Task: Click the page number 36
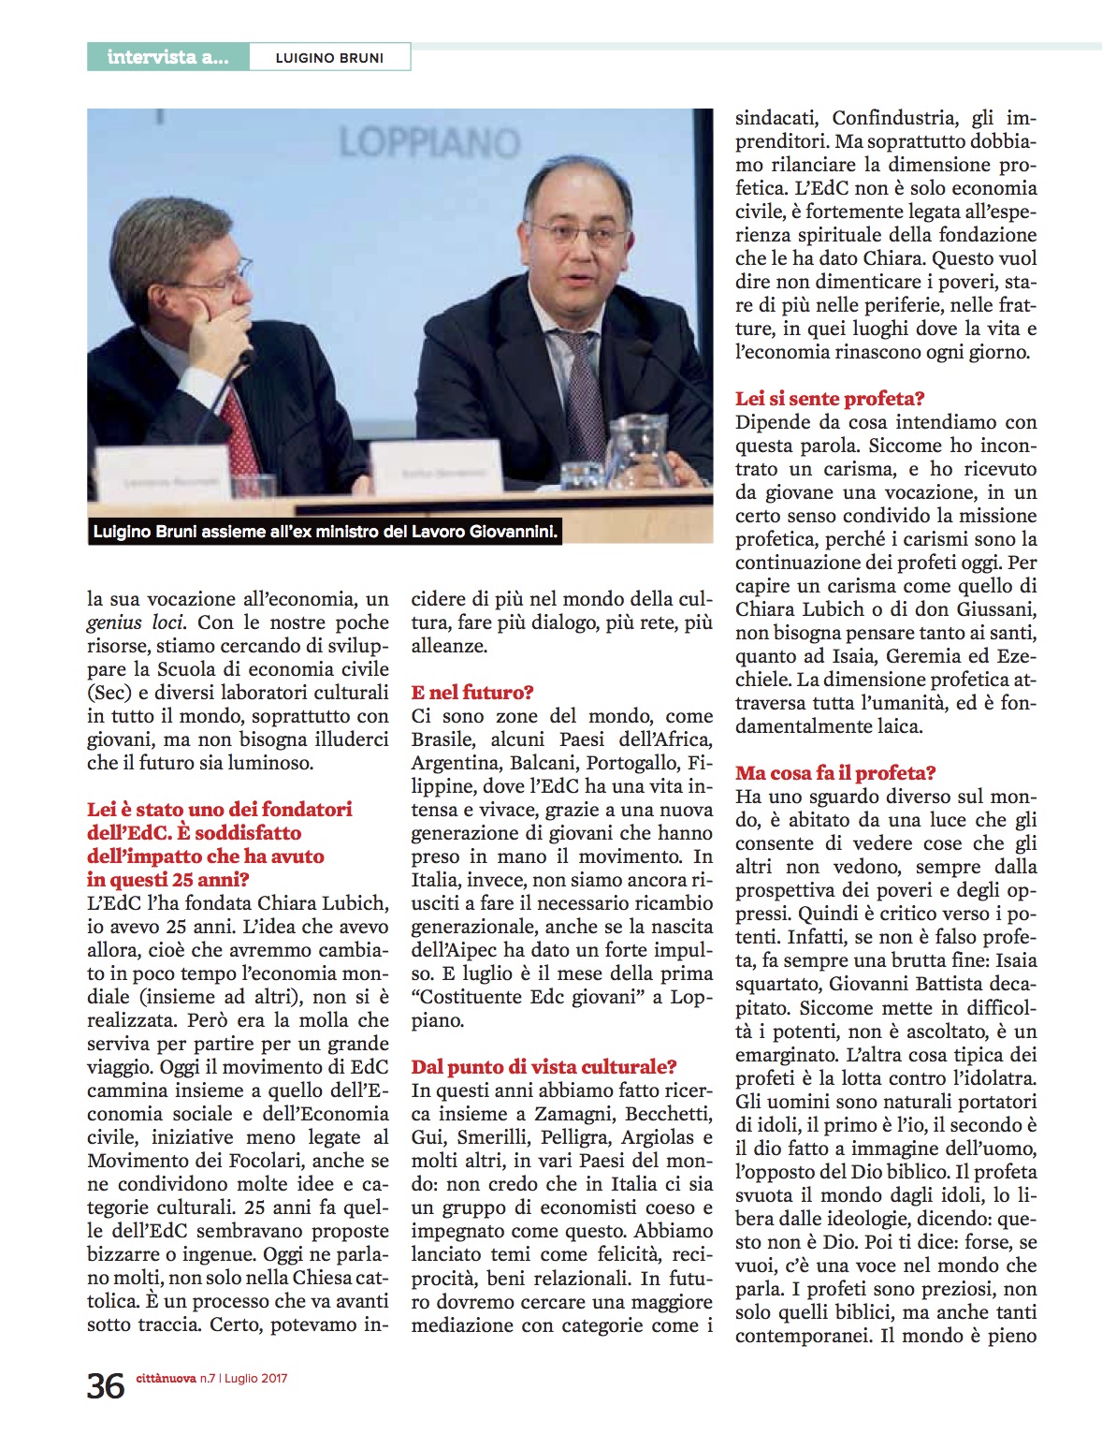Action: click(x=106, y=1386)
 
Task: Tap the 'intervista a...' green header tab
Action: click(x=167, y=57)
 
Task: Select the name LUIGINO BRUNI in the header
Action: click(x=329, y=58)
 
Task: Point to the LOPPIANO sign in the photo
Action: click(x=429, y=143)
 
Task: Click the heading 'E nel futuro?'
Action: click(x=472, y=693)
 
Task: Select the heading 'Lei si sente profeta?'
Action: click(x=830, y=399)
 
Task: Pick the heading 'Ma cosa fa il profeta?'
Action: click(x=835, y=773)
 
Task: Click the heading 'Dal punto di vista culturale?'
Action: click(x=544, y=1067)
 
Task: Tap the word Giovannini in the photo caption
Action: click(x=514, y=533)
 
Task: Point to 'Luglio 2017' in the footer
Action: click(x=255, y=1378)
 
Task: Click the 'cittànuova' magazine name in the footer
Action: click(x=166, y=1378)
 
